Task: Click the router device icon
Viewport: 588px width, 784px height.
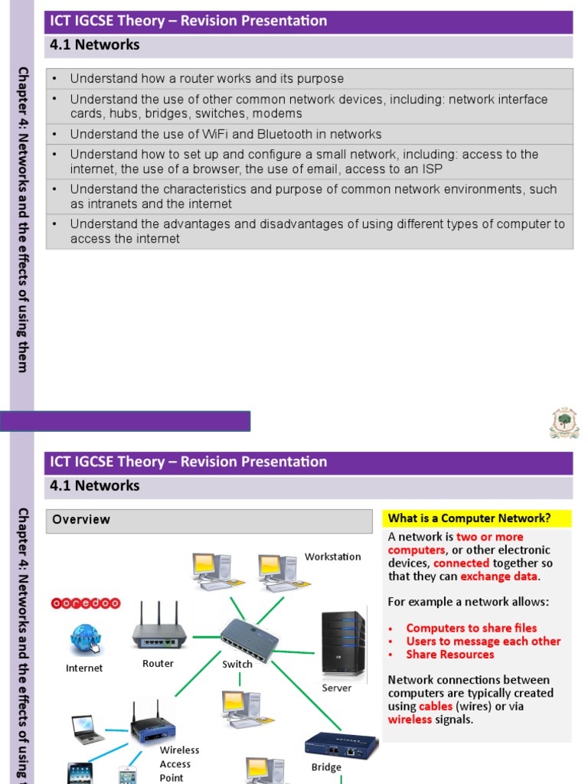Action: (x=159, y=628)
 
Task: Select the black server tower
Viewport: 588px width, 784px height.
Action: (x=342, y=642)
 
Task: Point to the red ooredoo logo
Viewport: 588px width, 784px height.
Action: (x=85, y=603)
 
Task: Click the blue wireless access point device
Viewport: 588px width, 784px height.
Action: (x=153, y=722)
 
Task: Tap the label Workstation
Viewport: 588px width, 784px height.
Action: (x=332, y=557)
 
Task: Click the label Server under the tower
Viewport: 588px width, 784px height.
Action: (x=336, y=688)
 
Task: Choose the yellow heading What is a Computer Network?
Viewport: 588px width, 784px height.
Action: (x=469, y=518)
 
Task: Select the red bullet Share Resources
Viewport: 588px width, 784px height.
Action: (x=449, y=655)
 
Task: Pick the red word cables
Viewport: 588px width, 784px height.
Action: (x=436, y=706)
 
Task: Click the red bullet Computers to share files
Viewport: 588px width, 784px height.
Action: (x=471, y=628)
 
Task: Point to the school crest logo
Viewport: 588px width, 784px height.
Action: (x=564, y=423)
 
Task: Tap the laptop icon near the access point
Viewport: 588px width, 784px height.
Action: (x=88, y=730)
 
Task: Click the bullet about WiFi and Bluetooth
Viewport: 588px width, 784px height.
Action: (x=225, y=134)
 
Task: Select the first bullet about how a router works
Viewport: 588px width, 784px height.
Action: (x=207, y=79)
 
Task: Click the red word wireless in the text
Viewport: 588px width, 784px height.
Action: (x=410, y=720)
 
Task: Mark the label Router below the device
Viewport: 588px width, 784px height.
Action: (x=158, y=664)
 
